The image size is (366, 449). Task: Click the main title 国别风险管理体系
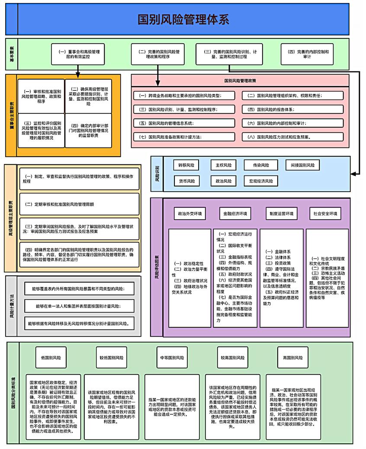(183, 19)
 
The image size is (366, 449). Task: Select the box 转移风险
(186, 165)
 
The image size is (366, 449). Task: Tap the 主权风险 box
(224, 165)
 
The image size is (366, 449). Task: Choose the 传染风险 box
(261, 165)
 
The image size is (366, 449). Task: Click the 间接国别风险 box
(302, 165)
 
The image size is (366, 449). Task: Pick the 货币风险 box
(186, 181)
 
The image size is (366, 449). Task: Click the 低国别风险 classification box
(51, 358)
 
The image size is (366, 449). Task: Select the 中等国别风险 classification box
(172, 358)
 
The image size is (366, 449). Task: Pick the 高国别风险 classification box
(293, 358)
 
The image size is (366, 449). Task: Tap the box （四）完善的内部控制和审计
(308, 54)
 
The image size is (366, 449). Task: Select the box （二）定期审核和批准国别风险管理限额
(80, 204)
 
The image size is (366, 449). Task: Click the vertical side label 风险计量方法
(11, 305)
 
